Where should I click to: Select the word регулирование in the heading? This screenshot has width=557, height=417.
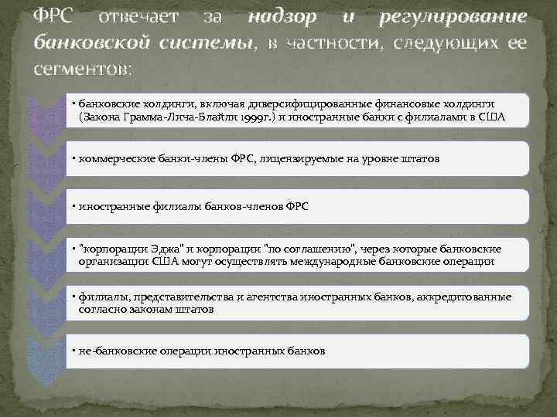tap(453, 17)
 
